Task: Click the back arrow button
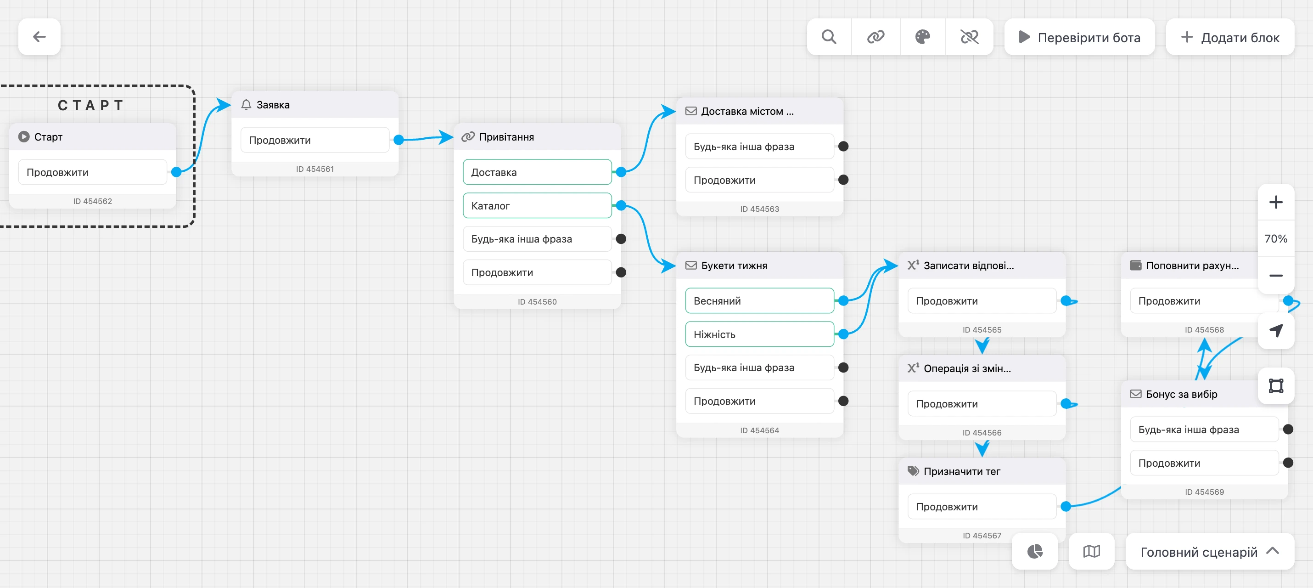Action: [39, 37]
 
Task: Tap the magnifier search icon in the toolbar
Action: [829, 37]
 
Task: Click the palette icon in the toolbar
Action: [923, 37]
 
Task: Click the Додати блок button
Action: [1230, 37]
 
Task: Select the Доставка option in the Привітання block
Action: [537, 172]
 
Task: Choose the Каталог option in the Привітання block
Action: [537, 205]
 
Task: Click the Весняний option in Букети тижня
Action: [759, 301]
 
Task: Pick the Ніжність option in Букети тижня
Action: [759, 334]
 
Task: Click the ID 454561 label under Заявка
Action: [315, 169]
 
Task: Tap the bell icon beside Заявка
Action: [246, 105]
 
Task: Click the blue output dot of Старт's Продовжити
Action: [176, 172]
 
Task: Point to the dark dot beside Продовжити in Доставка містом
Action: [843, 180]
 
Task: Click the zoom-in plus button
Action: [1276, 203]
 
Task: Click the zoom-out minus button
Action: [1276, 275]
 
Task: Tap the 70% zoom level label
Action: [1276, 239]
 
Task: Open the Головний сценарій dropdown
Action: [1210, 551]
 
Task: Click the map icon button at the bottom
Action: [1091, 551]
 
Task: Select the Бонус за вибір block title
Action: [1182, 394]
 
